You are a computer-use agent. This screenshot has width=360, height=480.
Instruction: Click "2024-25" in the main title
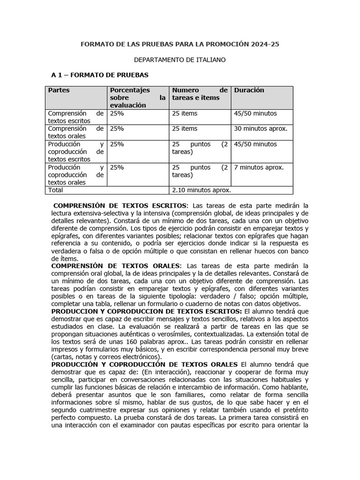(264, 45)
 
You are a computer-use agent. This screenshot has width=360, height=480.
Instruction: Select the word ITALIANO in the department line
(206, 60)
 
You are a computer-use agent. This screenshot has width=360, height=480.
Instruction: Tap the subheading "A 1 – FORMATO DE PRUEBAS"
(99, 75)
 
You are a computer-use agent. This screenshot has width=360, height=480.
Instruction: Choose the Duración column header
(249, 90)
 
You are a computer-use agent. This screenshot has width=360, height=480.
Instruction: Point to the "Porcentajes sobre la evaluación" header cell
(137, 97)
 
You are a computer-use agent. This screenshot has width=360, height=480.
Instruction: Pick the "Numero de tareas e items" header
(200, 94)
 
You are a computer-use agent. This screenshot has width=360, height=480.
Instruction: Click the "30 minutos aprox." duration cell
(261, 128)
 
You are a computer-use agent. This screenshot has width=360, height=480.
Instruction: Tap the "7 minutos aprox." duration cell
(259, 167)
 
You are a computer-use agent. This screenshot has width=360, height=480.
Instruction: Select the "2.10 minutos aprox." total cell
(202, 190)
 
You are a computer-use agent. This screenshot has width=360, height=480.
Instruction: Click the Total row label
(55, 190)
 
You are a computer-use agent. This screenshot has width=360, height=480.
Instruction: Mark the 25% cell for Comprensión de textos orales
(117, 128)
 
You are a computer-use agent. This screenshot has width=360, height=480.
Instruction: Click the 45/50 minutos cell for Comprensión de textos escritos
(255, 113)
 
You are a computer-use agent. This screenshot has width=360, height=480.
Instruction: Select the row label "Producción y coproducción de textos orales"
(75, 175)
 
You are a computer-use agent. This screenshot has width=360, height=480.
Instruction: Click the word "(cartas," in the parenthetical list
(63, 357)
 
